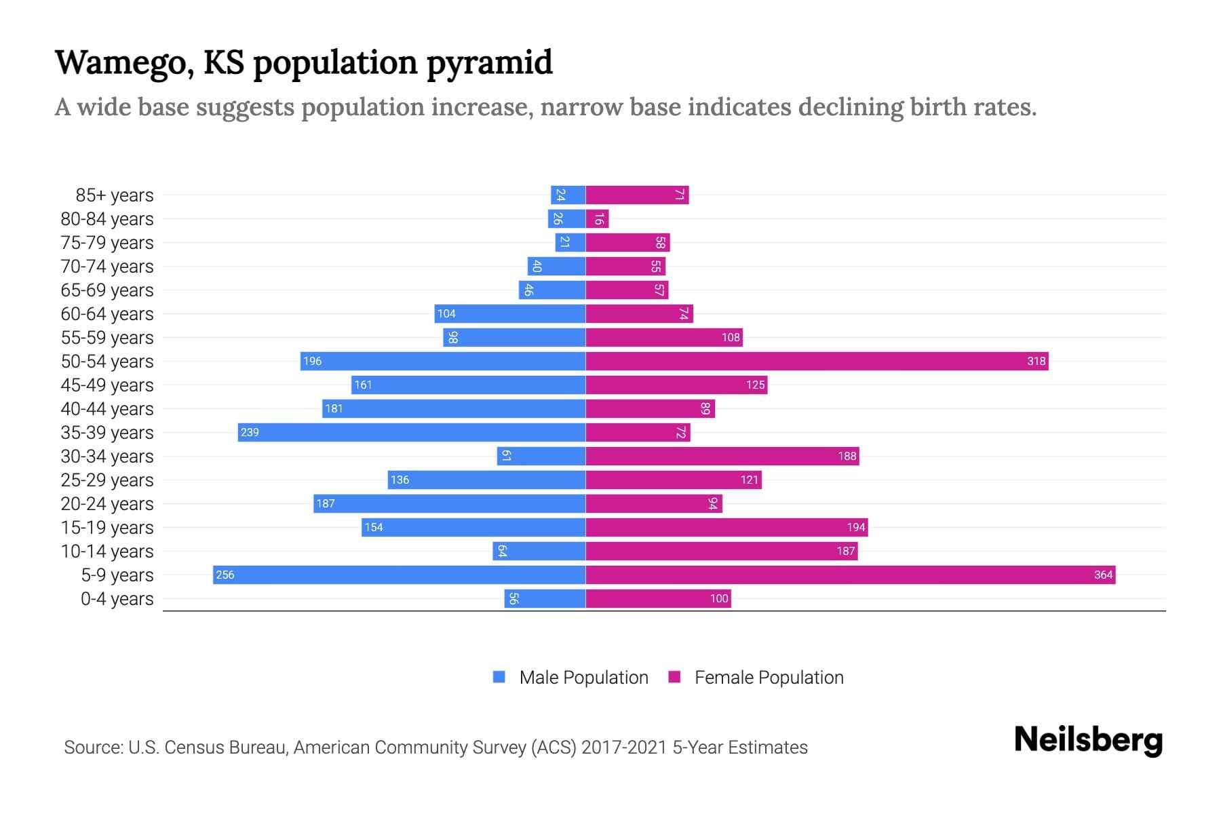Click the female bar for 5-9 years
coord(850,575)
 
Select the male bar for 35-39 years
coord(412,432)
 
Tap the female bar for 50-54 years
coord(817,361)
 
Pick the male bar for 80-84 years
coord(567,218)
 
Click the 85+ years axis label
coord(114,195)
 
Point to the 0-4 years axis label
coord(117,599)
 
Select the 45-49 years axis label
coord(107,385)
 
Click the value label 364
coord(1103,575)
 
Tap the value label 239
coord(250,432)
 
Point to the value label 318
coord(1036,361)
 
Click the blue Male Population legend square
coord(499,677)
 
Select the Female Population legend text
coord(769,678)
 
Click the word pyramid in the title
coord(489,64)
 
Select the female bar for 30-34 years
coord(722,456)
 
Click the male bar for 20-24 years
coord(449,503)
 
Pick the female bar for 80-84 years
coord(598,218)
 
